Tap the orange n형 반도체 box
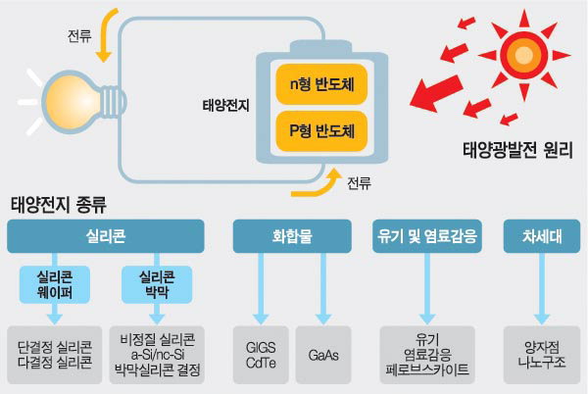[x=316, y=85]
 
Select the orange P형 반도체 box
[x=316, y=129]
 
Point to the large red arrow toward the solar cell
[x=435, y=94]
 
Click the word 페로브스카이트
[x=428, y=371]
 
